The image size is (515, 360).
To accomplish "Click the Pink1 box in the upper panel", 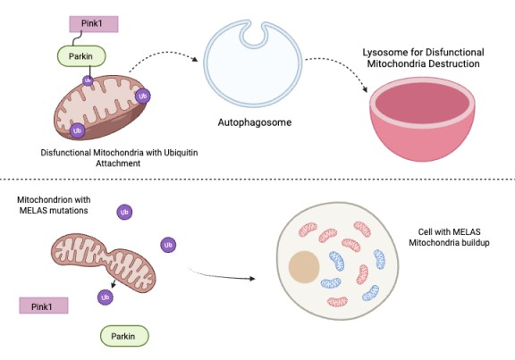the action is coord(94,24).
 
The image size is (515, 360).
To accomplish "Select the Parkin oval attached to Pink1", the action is coord(81,56).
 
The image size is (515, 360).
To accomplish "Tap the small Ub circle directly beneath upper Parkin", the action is coord(88,80).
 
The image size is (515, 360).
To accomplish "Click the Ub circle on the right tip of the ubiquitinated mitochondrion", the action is coord(142,96).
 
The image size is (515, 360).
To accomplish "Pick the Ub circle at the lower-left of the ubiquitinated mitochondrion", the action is coord(77,130).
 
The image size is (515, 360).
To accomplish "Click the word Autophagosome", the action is coord(255,122).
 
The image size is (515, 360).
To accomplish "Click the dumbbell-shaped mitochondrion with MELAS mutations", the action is coord(104,261).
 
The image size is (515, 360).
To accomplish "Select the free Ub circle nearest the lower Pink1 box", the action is coord(106,297).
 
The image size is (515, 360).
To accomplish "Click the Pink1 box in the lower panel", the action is coord(44,306).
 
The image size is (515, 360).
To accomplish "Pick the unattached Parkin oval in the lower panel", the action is coord(124,336).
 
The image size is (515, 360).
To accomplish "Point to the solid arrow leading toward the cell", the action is coord(222,276).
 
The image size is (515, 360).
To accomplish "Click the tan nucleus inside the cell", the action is coord(304,267).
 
